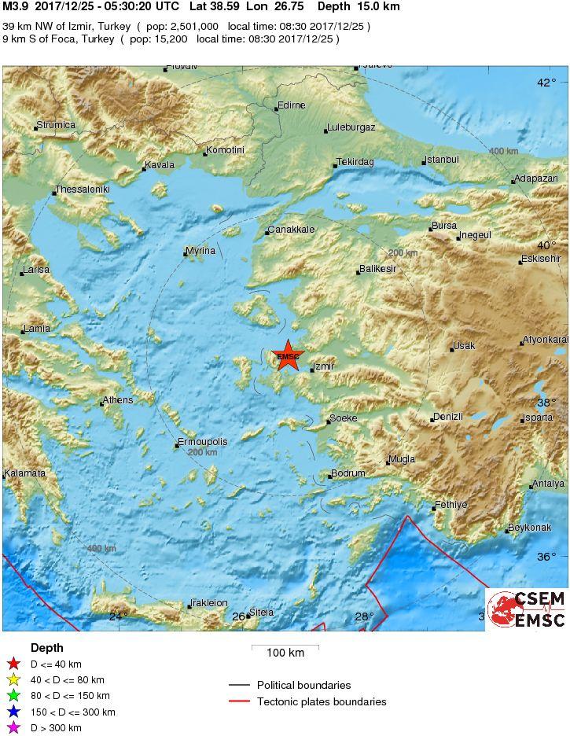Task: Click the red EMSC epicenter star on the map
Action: (289, 355)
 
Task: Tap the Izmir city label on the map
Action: (323, 366)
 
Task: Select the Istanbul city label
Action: (443, 160)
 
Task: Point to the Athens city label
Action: (119, 400)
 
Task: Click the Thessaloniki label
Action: (83, 190)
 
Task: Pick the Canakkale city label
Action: (292, 230)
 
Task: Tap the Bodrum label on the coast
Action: (349, 473)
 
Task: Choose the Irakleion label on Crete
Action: (210, 603)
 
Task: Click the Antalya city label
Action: (549, 484)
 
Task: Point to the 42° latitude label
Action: (546, 83)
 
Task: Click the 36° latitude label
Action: (546, 557)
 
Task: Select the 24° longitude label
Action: (118, 616)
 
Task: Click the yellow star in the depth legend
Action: (13, 680)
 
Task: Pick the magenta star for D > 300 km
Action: (13, 727)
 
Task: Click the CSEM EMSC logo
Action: (526, 609)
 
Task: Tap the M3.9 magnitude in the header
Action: (16, 6)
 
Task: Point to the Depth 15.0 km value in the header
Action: (358, 6)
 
